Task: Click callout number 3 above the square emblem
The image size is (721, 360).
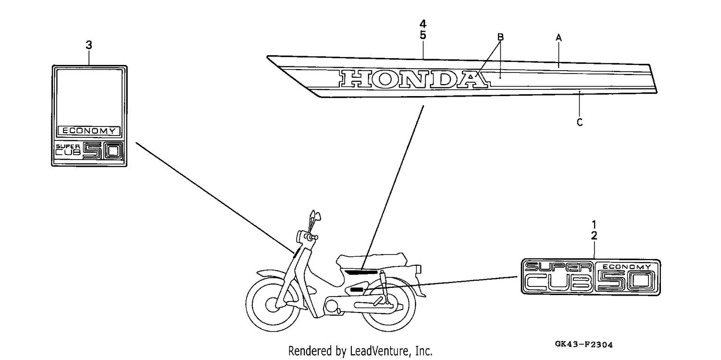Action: click(x=89, y=45)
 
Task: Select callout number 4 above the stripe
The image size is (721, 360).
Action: click(x=423, y=24)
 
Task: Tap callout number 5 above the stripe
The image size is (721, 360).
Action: click(x=423, y=35)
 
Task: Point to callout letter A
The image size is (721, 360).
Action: click(x=559, y=37)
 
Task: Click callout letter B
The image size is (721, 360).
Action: click(x=500, y=37)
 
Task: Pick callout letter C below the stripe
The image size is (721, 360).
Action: click(x=580, y=122)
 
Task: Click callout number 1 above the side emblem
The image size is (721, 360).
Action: click(x=594, y=224)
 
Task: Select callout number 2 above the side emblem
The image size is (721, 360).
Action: click(x=594, y=236)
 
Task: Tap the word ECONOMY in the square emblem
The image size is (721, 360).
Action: click(x=89, y=131)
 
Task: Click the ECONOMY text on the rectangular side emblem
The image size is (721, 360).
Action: click(x=626, y=267)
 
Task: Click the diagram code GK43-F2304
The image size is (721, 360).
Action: click(x=584, y=345)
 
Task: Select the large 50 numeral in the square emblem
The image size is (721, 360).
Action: click(x=103, y=151)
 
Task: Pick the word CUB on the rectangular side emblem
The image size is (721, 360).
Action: click(x=559, y=283)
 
